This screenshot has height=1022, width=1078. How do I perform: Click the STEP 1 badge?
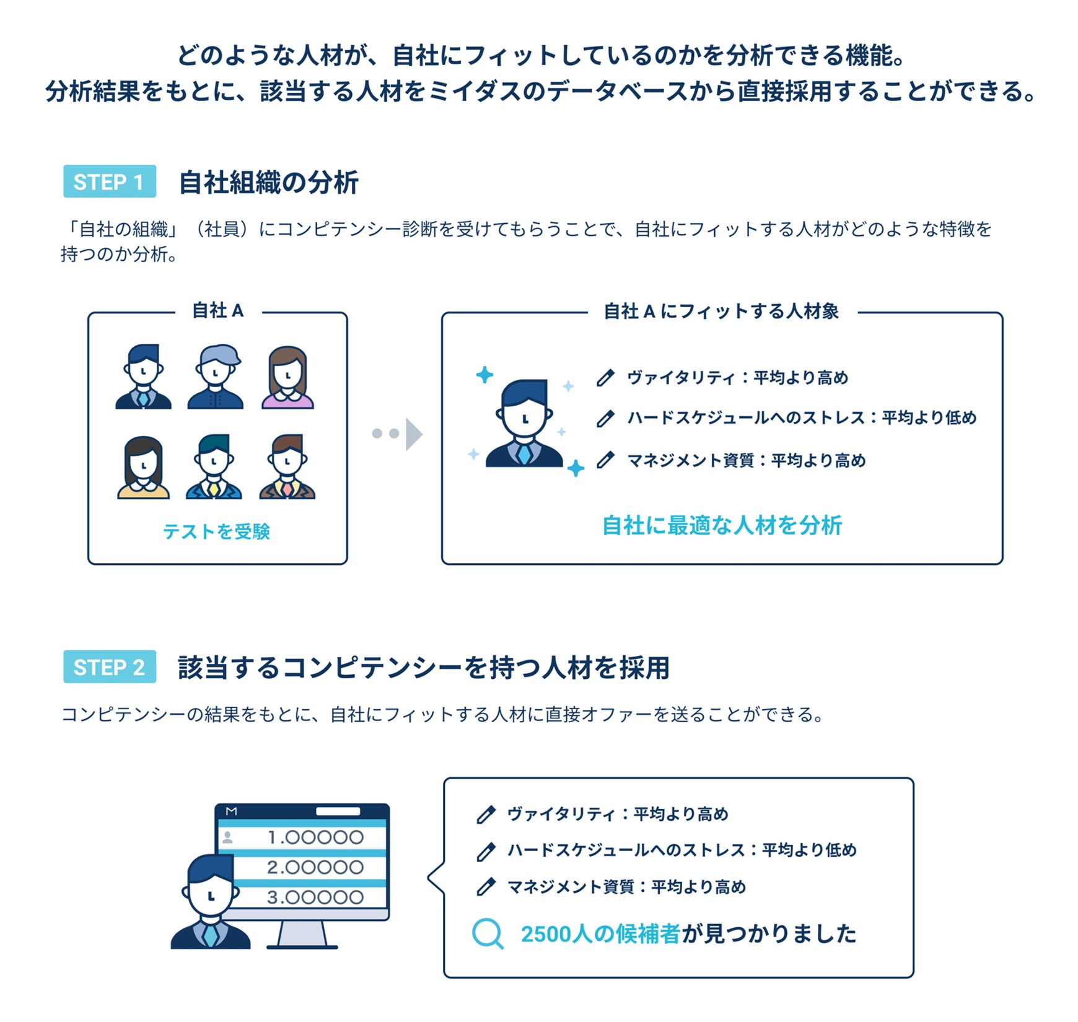click(x=109, y=181)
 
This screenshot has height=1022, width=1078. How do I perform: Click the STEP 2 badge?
click(x=109, y=667)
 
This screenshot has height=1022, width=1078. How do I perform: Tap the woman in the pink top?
click(x=287, y=378)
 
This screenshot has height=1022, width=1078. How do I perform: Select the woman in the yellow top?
click(x=143, y=468)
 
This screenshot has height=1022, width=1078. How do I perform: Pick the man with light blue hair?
click(x=215, y=377)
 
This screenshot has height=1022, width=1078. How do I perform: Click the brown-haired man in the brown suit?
click(x=287, y=468)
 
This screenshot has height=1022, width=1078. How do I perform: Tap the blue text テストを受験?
click(x=216, y=531)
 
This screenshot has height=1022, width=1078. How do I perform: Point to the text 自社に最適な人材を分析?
click(x=722, y=525)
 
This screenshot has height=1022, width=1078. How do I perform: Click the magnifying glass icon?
click(x=488, y=933)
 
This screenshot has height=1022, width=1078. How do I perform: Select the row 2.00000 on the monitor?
click(x=315, y=867)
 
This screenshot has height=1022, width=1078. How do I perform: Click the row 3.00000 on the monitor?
click(x=315, y=897)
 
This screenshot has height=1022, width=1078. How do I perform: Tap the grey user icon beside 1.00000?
click(x=228, y=837)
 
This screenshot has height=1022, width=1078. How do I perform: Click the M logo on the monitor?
click(x=231, y=811)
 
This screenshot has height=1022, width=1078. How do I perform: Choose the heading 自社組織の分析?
click(x=268, y=182)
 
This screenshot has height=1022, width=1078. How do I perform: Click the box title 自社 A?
click(x=217, y=310)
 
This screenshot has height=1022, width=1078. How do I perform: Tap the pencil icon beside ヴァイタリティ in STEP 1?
click(x=605, y=377)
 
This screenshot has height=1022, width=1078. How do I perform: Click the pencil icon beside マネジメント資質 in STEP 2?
click(x=486, y=886)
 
